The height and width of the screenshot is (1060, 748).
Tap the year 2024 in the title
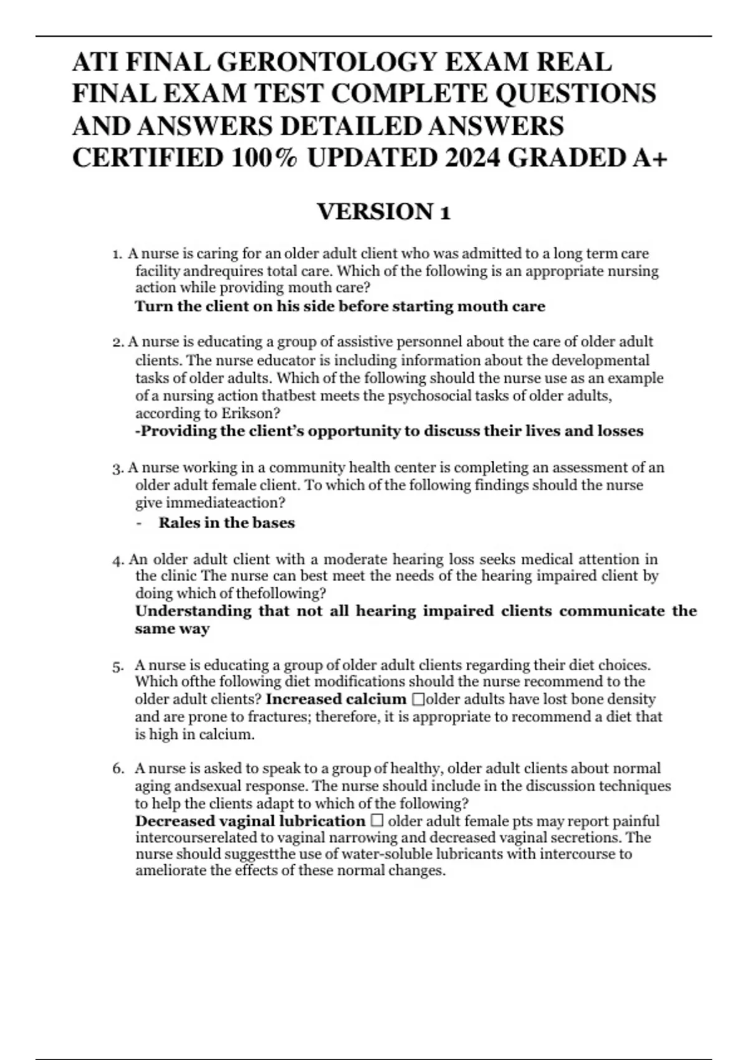tap(472, 158)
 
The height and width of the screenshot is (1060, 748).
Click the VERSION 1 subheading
tap(383, 212)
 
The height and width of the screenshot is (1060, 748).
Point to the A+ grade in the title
tap(650, 158)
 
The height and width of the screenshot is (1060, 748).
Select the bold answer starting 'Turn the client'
tap(340, 306)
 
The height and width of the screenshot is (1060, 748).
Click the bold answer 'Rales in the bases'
tap(226, 523)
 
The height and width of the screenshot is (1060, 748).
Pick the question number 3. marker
tap(118, 468)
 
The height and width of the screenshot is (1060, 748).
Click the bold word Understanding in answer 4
tap(193, 610)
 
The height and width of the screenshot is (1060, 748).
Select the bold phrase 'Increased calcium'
tap(335, 699)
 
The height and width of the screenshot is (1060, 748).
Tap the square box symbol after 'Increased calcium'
tap(418, 700)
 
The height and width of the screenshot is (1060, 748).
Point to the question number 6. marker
tap(118, 769)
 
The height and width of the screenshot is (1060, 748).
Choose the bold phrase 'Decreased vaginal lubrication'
tap(250, 821)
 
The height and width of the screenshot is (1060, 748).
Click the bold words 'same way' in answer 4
tap(172, 629)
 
